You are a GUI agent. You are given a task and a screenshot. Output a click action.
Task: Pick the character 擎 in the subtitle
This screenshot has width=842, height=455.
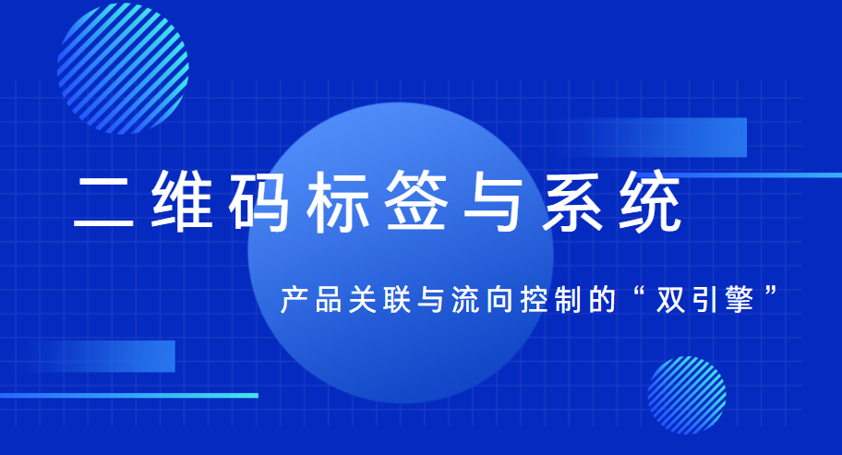[x=738, y=300]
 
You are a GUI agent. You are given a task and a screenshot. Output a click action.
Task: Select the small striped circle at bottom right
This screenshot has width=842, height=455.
[x=687, y=394]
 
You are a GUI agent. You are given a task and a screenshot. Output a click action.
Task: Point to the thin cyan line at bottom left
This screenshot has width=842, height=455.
[x=129, y=395]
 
